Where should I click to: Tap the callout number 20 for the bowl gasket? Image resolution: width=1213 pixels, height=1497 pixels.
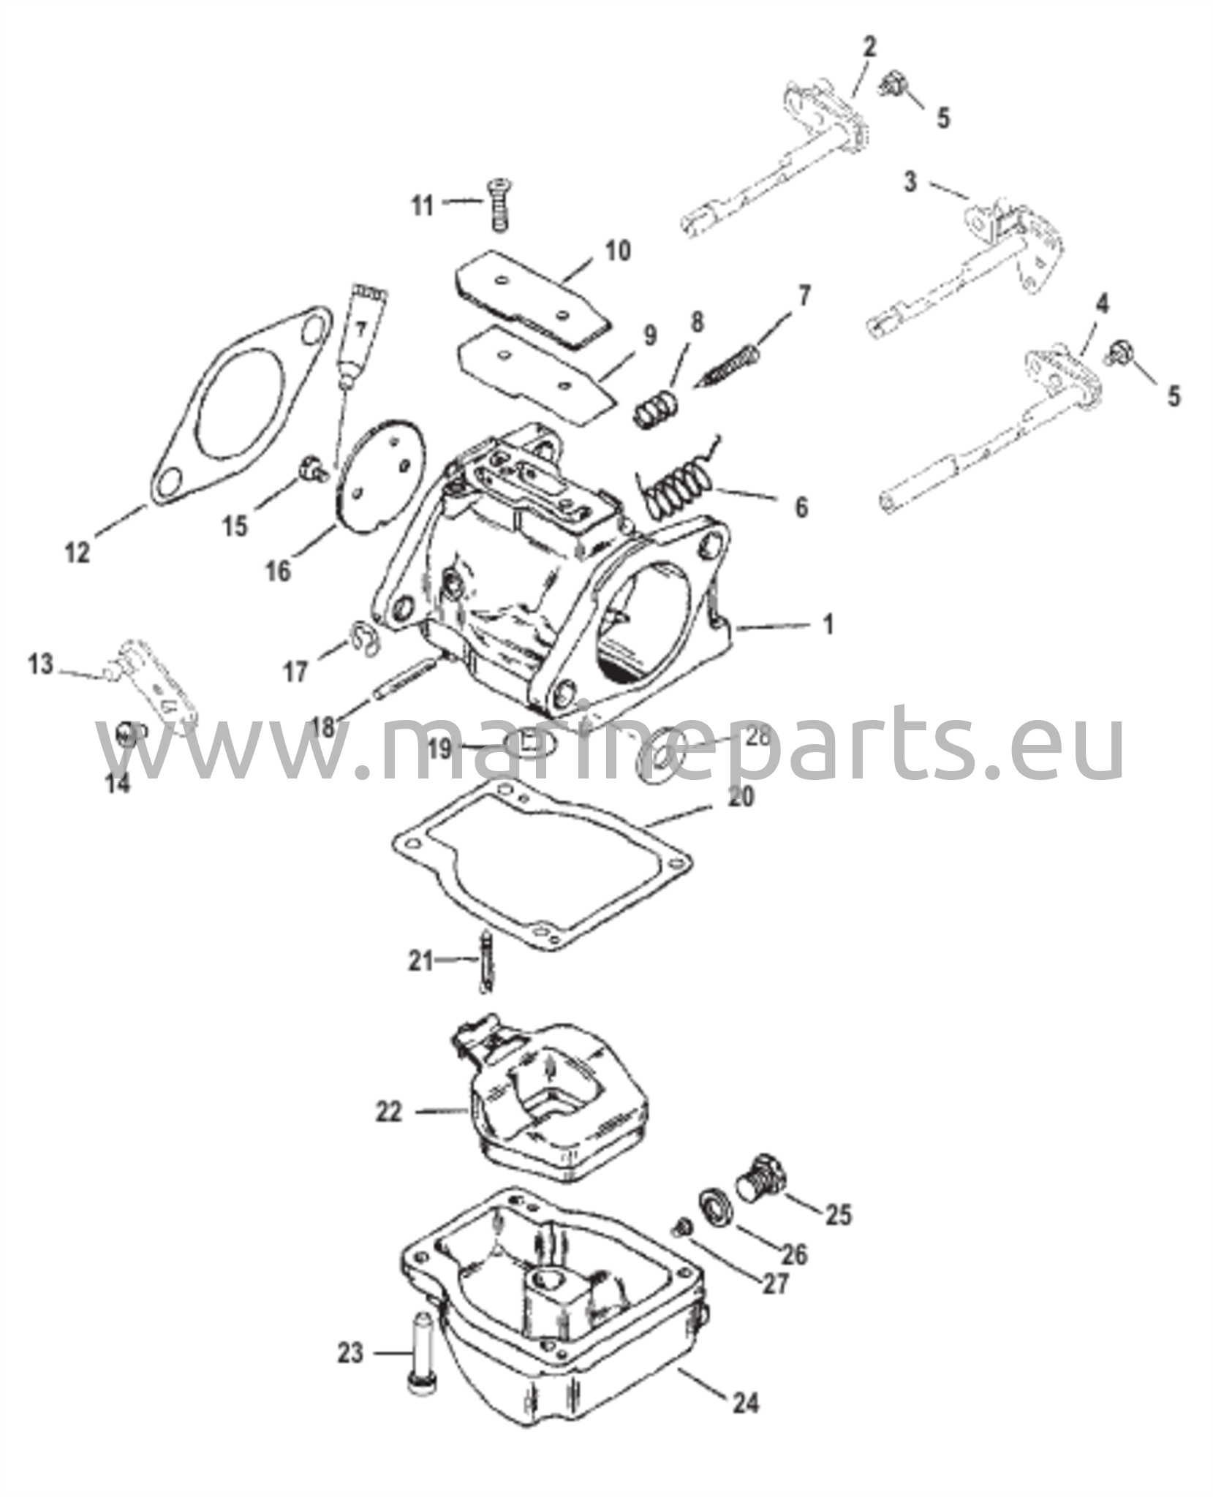tap(740, 795)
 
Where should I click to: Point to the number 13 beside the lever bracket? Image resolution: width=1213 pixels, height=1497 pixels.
tap(41, 664)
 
